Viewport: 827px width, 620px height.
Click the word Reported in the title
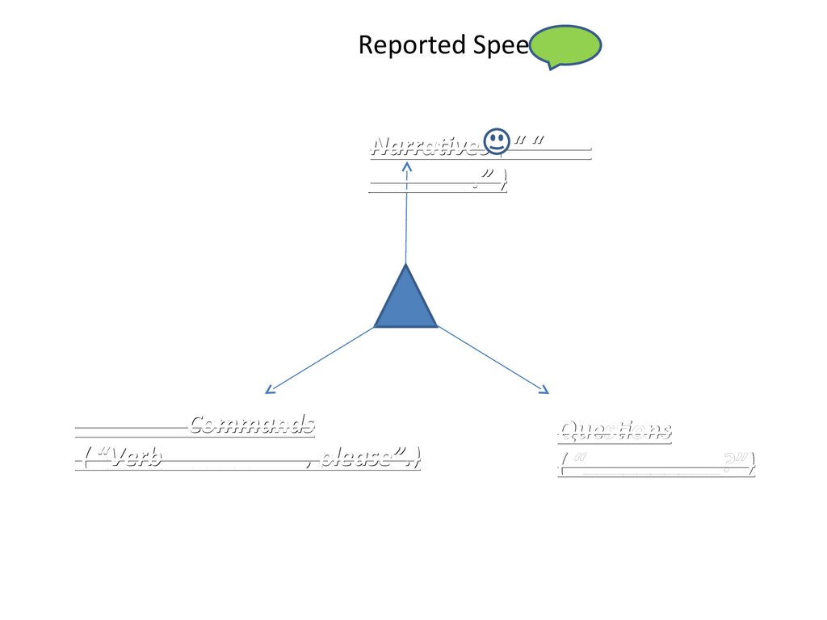400,45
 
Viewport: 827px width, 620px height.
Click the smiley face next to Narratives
497,142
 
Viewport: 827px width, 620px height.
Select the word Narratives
426,146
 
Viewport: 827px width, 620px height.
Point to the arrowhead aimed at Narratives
407,166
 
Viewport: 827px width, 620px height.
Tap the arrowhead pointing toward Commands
270,391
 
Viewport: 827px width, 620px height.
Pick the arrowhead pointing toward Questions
544,391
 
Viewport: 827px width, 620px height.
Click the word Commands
252,424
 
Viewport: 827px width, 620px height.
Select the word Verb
136,459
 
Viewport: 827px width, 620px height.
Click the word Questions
615,430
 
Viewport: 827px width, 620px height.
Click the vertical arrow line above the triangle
406,218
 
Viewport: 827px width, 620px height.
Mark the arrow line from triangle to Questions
491,359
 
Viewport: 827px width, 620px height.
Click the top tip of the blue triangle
405,266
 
